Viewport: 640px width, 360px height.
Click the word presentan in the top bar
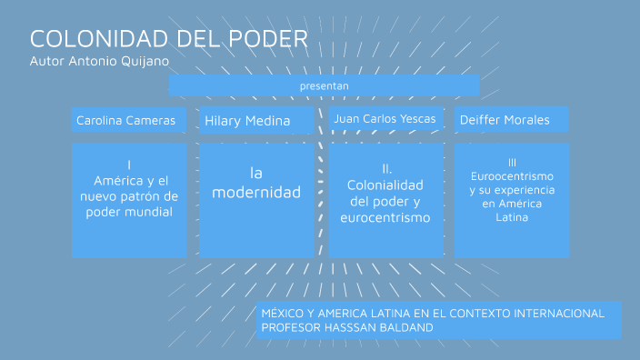[324, 85]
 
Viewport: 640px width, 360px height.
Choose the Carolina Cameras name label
[125, 120]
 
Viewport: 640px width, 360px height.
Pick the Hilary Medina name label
[247, 120]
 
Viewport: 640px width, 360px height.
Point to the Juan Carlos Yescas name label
[385, 119]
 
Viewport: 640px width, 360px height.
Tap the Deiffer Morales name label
[505, 120]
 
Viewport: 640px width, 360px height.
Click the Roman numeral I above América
[129, 165]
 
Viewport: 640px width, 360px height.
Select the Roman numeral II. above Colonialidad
[386, 168]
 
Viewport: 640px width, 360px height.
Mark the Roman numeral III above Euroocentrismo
[512, 162]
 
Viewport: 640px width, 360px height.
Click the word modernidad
[256, 193]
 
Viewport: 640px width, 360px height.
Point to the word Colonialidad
[385, 185]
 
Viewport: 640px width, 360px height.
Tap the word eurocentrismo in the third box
[385, 218]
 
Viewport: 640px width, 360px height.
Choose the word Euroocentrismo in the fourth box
[512, 175]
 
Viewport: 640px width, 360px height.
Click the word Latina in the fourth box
[512, 218]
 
